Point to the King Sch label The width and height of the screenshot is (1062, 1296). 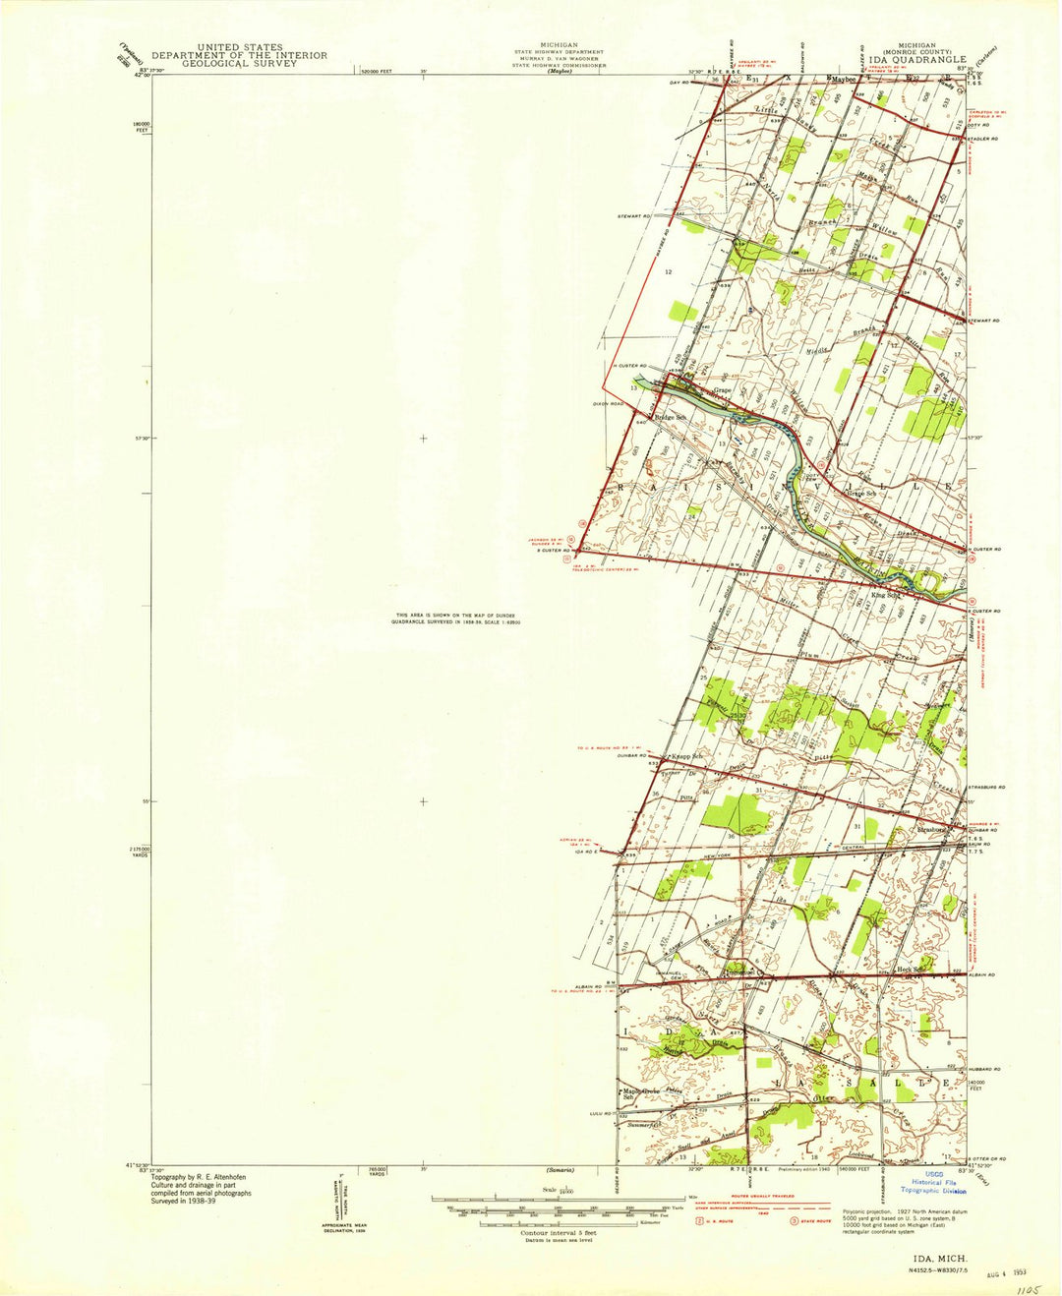886,594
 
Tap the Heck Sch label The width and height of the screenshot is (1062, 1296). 914,969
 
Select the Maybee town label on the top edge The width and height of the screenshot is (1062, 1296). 843,77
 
